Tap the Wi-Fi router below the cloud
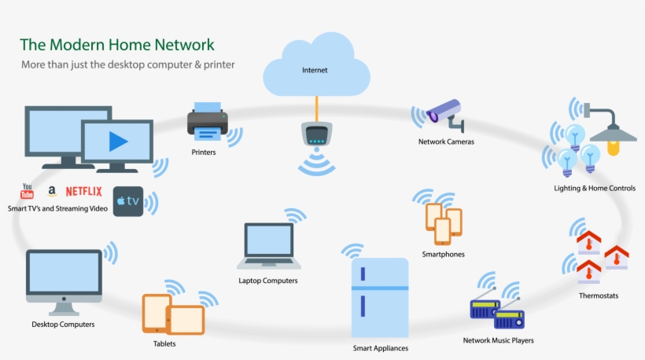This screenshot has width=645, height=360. pos(317,135)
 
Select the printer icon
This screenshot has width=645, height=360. pos(208,122)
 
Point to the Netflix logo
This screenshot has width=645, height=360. pos(83,191)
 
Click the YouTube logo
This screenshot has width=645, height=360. pos(27,192)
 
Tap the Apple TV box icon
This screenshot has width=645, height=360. pos(128,201)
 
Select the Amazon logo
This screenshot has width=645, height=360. pos(52,191)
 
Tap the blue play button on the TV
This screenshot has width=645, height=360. pos(118,141)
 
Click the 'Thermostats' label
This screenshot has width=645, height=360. pos(598,296)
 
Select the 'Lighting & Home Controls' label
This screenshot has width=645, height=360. pos(595,189)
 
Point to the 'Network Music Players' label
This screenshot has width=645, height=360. pos(498,340)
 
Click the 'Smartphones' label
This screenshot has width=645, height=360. pos(443,254)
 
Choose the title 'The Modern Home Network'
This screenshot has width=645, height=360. pos(116,44)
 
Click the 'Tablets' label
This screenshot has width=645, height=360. pos(164,343)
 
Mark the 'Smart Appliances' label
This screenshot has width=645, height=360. pos(380,347)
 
